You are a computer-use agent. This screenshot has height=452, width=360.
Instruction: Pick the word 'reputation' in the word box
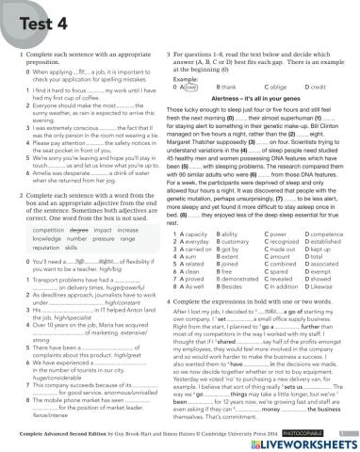pos(46,250)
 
